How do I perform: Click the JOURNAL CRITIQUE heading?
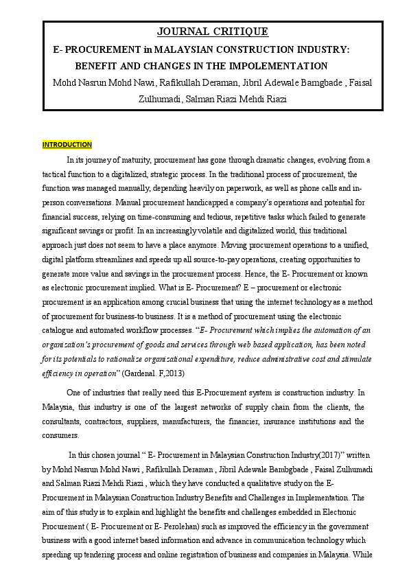coord(213,32)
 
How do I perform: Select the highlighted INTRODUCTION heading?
coord(67,145)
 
